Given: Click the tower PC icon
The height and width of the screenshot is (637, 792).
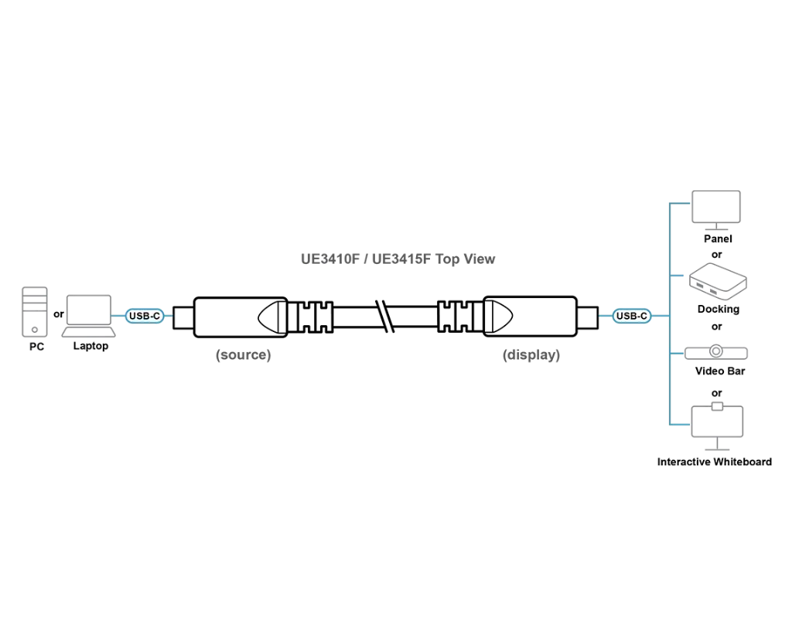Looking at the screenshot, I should [x=34, y=312].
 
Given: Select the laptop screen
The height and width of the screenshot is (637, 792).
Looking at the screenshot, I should [x=87, y=310].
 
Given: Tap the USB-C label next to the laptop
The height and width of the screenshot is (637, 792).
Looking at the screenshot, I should [x=144, y=316].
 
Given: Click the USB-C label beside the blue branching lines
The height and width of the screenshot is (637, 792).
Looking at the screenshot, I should [x=632, y=316].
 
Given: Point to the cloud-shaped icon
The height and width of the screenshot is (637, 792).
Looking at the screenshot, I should [x=718, y=280].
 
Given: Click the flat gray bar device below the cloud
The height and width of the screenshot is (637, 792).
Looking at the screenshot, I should [x=718, y=353].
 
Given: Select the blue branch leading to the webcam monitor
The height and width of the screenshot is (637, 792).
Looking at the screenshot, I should [x=678, y=424].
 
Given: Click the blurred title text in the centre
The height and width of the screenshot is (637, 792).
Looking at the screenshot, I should [x=398, y=258].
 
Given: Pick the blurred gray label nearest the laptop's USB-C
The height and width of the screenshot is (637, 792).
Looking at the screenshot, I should [x=242, y=357].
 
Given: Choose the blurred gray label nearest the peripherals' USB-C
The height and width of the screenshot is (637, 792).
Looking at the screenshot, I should [x=531, y=356].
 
